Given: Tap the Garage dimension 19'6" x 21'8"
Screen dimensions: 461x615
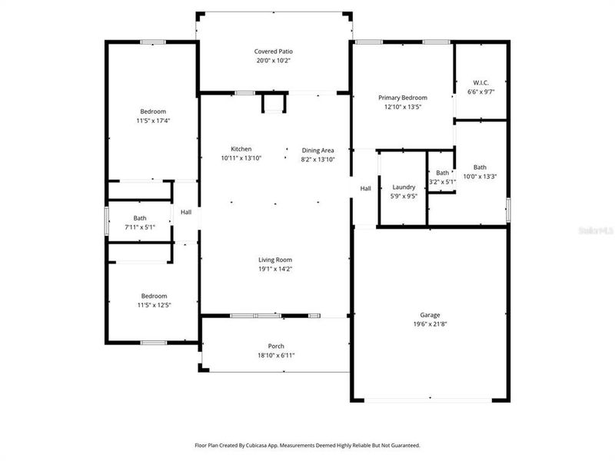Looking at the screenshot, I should (x=430, y=324).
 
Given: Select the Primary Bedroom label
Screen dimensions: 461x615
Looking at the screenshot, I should (x=402, y=98).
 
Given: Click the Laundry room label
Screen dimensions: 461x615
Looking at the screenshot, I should (x=404, y=187).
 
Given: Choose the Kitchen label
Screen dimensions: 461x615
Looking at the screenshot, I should (x=241, y=149).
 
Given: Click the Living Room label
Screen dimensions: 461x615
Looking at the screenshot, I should (x=274, y=260).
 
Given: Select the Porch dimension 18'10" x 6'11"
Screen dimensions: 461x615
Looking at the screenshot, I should (x=275, y=355).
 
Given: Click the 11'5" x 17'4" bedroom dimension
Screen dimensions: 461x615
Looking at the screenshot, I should (x=153, y=121).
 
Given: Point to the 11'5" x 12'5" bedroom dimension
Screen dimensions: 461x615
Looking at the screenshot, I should (x=153, y=305).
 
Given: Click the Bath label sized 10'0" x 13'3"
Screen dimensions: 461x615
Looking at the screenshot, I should (x=480, y=167).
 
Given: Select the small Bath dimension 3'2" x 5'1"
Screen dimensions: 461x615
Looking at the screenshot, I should (x=442, y=181).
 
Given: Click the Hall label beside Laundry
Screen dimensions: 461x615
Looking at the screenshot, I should (x=366, y=188).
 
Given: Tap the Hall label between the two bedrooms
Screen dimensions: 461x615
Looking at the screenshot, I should (x=186, y=213).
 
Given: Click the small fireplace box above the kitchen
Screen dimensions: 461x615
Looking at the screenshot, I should (x=274, y=103).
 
